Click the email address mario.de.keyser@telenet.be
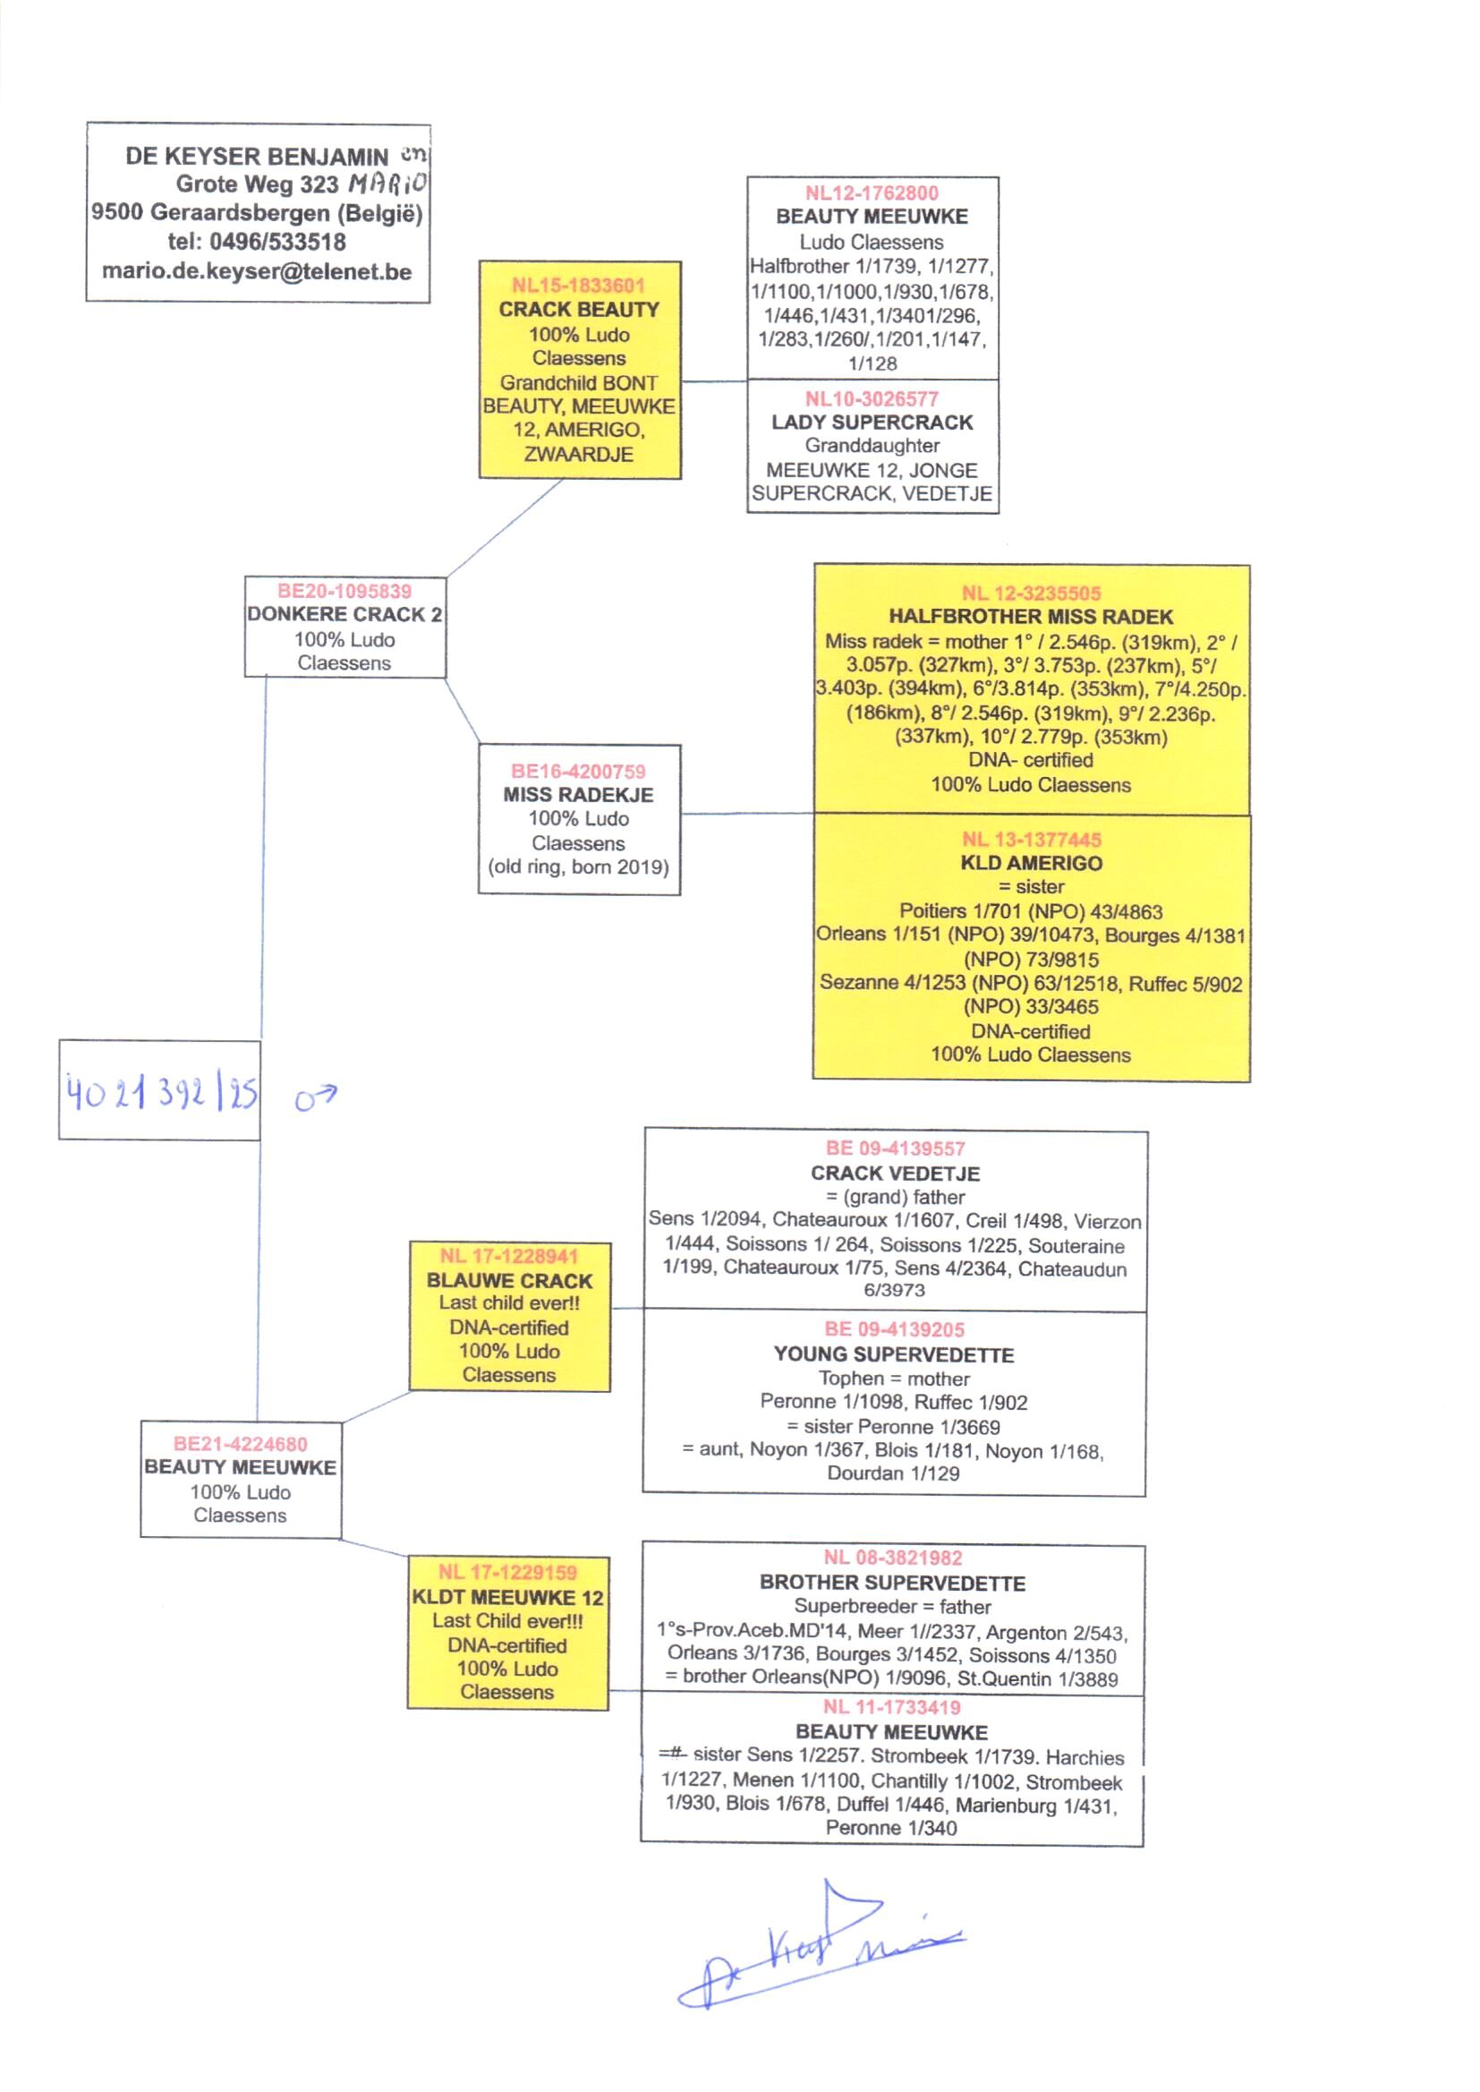pyautogui.click(x=257, y=271)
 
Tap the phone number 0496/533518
pyautogui.click(x=277, y=243)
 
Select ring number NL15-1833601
pyautogui.click(x=579, y=286)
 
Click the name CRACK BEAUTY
pyautogui.click(x=579, y=310)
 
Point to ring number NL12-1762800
pyautogui.click(x=872, y=193)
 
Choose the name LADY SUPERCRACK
pyautogui.click(x=872, y=422)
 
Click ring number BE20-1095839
pyautogui.click(x=344, y=591)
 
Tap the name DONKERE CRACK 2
pyautogui.click(x=344, y=614)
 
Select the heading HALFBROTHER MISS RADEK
pyautogui.click(x=1031, y=617)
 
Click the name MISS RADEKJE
pyautogui.click(x=579, y=795)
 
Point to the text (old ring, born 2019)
pyautogui.click(x=579, y=867)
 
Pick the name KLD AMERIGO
pyautogui.click(x=1031, y=863)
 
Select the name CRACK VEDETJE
pyautogui.click(x=895, y=1174)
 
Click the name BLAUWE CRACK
pyautogui.click(x=509, y=1281)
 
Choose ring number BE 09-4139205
pyautogui.click(x=894, y=1330)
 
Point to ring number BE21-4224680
pyautogui.click(x=241, y=1444)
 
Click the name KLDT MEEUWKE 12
pyautogui.click(x=507, y=1598)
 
